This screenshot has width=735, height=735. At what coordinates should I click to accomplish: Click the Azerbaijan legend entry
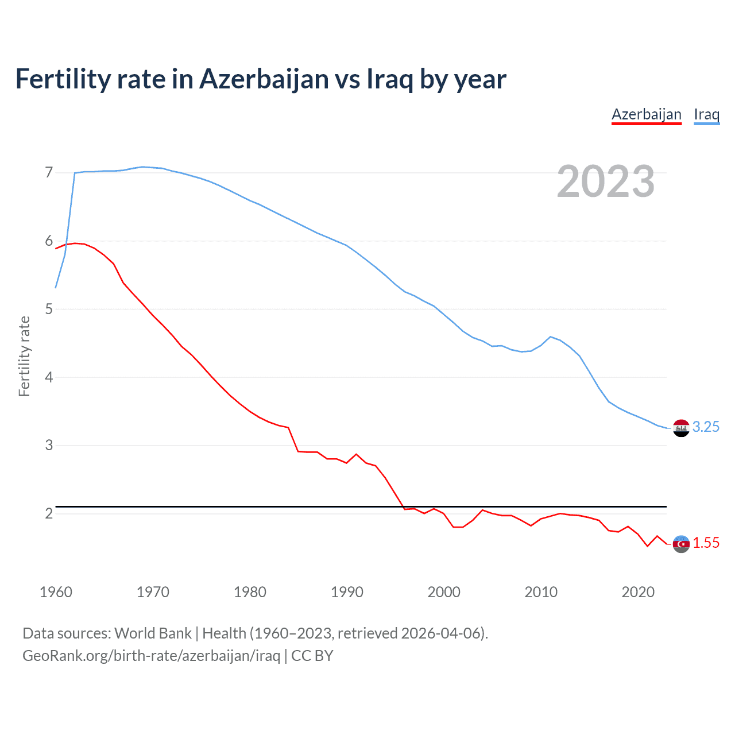[646, 114]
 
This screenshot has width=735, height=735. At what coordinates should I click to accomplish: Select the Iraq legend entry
[706, 114]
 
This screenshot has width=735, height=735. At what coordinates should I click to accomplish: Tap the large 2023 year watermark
[606, 181]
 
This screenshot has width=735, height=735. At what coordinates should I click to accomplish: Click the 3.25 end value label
[706, 427]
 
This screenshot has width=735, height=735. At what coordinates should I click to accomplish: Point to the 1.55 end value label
[706, 543]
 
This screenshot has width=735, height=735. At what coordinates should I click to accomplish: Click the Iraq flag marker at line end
[681, 428]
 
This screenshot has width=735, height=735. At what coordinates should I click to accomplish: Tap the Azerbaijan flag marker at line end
[681, 544]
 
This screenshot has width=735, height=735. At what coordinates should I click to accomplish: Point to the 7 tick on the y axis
[49, 173]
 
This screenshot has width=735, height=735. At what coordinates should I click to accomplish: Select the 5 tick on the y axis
[49, 310]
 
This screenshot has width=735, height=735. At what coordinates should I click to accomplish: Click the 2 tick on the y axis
[49, 513]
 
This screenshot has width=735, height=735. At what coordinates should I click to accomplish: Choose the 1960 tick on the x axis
[56, 592]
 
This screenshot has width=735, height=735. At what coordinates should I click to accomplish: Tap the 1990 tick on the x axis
[347, 592]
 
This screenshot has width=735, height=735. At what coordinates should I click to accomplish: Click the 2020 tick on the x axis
[638, 592]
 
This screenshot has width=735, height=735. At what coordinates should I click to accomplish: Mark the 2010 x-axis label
[541, 592]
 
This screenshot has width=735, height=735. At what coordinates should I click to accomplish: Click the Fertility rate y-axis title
[24, 356]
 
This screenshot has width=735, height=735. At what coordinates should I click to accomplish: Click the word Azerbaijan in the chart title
[264, 79]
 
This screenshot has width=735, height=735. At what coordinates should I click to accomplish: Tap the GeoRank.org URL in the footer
[151, 656]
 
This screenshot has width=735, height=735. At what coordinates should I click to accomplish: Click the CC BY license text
[312, 656]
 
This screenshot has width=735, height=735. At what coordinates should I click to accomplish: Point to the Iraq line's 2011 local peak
[551, 336]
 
